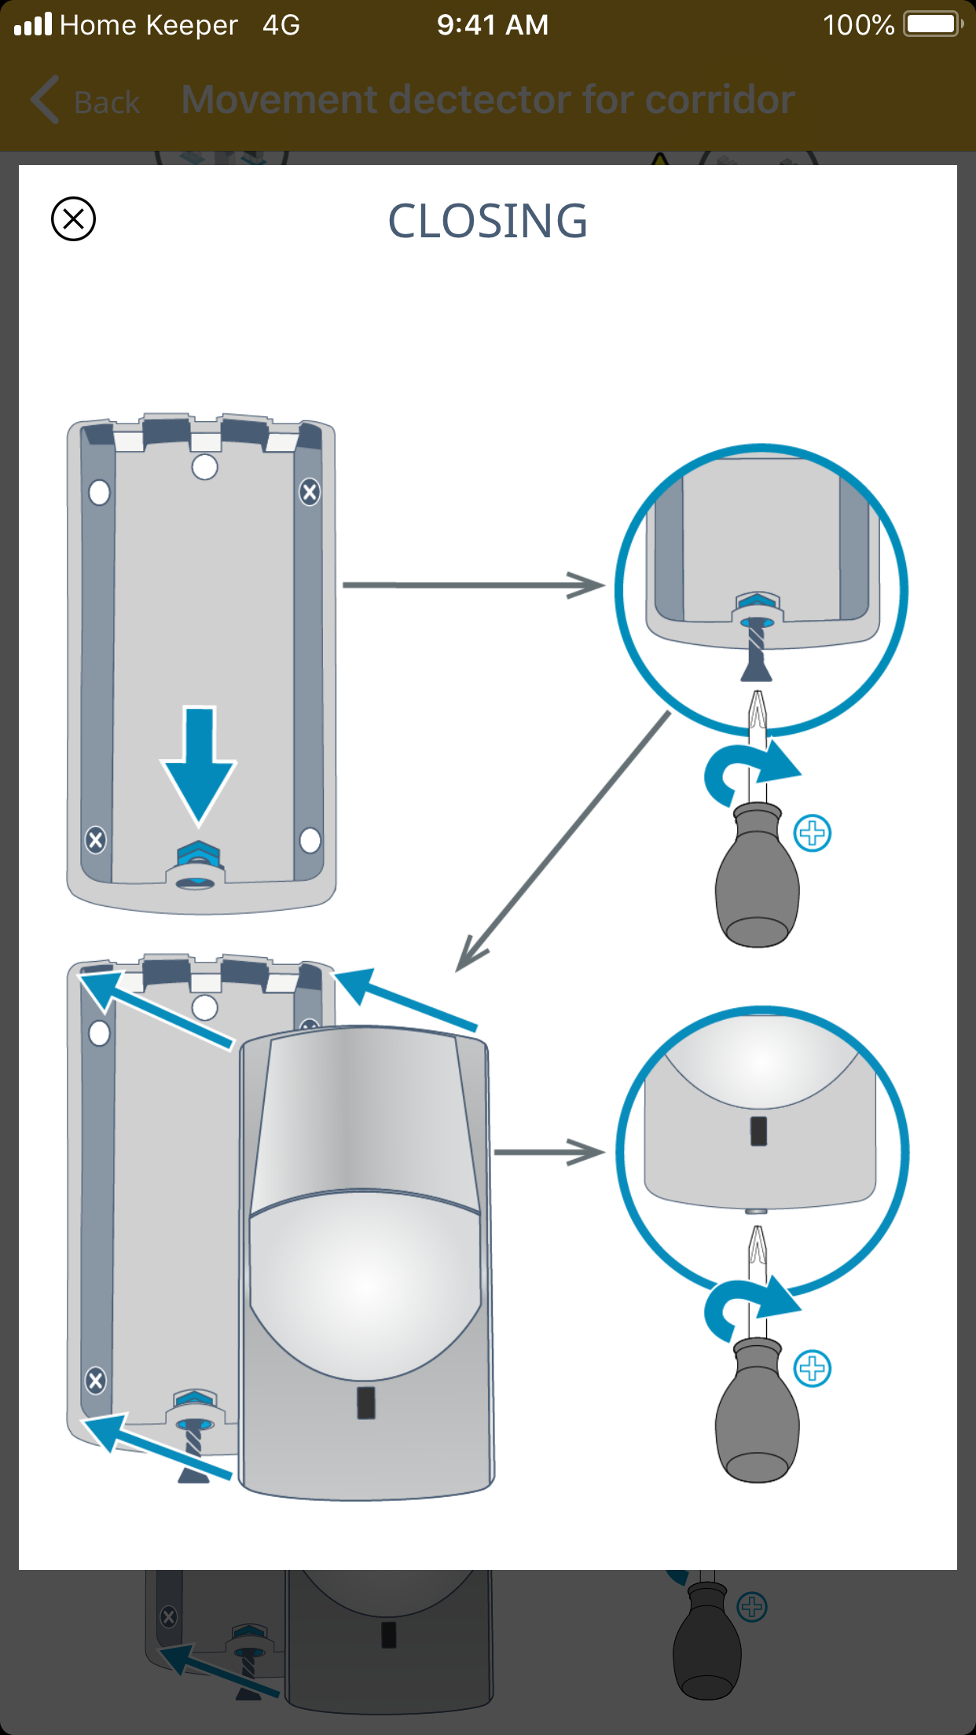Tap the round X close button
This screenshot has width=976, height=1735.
click(x=73, y=218)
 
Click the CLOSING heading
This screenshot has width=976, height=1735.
click(x=487, y=221)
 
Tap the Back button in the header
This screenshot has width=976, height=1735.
click(x=85, y=101)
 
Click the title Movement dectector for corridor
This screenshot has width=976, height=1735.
click(x=488, y=100)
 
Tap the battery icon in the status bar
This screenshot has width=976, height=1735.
click(x=933, y=24)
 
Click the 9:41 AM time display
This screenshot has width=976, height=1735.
click(x=493, y=25)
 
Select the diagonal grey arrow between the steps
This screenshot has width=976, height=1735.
click(x=563, y=842)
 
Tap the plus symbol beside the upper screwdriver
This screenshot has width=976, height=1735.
click(x=813, y=833)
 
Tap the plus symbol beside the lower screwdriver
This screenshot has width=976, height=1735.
click(x=813, y=1369)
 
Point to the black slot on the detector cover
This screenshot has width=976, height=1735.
click(x=366, y=1403)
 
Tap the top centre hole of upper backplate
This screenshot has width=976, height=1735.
click(x=204, y=467)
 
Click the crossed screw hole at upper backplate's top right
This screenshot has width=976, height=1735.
click(x=310, y=493)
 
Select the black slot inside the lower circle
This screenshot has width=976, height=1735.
click(x=758, y=1132)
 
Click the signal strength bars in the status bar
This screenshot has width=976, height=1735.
click(x=33, y=24)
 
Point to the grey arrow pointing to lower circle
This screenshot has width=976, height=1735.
click(x=549, y=1153)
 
